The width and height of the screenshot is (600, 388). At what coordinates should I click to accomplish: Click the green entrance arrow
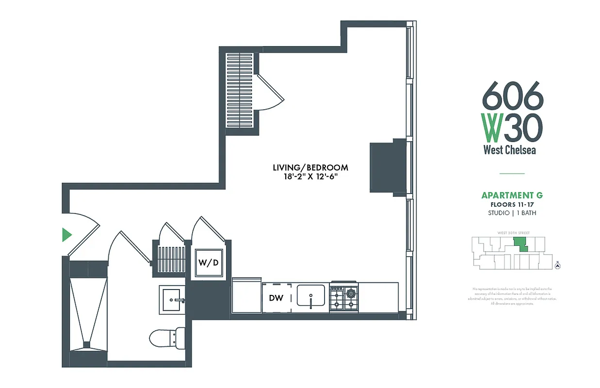click(x=67, y=235)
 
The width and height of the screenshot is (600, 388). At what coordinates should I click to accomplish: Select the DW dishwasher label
click(x=276, y=298)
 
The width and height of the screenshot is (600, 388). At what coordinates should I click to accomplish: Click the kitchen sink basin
click(x=311, y=296)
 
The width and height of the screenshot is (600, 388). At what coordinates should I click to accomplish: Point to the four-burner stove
click(x=343, y=297)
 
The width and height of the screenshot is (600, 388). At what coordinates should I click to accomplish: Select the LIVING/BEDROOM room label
click(x=310, y=168)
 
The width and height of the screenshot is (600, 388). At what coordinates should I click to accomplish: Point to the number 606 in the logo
click(x=513, y=95)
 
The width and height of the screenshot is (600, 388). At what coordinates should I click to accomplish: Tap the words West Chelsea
click(x=510, y=150)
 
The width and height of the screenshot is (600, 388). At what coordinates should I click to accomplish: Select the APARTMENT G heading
click(x=512, y=195)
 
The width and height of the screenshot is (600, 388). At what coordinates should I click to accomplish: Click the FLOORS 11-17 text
click(x=512, y=205)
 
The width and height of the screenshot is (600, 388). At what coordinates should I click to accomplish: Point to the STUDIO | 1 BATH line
click(x=512, y=213)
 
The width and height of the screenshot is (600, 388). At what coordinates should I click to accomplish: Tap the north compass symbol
click(x=558, y=265)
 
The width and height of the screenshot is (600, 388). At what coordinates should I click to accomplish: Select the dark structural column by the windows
click(x=389, y=168)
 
